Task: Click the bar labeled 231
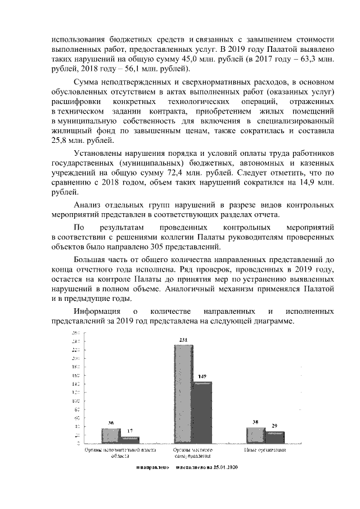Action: (183, 394)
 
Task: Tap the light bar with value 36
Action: (111, 436)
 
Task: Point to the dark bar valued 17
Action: (130, 440)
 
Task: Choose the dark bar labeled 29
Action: (275, 437)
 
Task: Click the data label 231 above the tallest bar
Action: (183, 340)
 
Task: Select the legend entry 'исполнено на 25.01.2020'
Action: (208, 467)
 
